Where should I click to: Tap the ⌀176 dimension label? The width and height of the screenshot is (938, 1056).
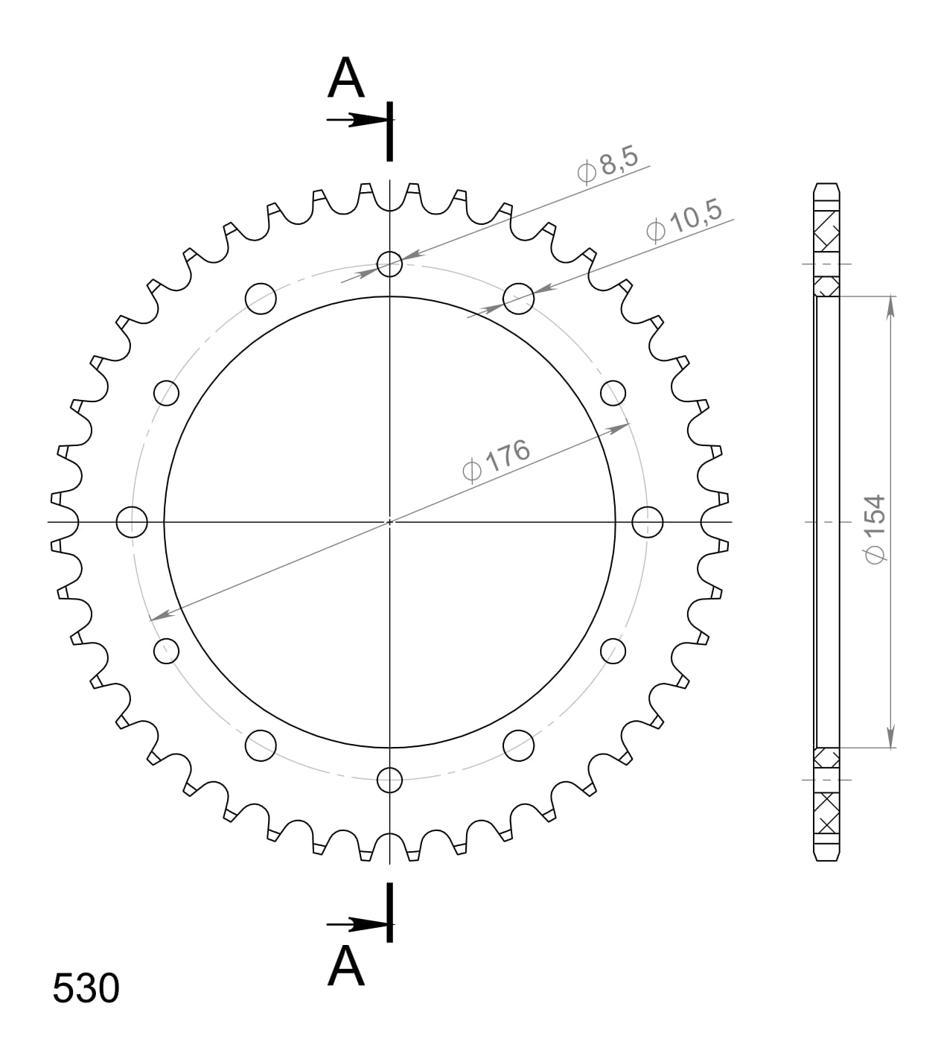coord(496,460)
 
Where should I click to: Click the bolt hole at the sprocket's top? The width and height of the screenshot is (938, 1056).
coord(389,264)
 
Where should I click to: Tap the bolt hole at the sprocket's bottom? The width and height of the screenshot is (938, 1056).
coord(389,780)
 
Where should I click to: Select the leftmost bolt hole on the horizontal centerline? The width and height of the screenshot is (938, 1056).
coord(132,522)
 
